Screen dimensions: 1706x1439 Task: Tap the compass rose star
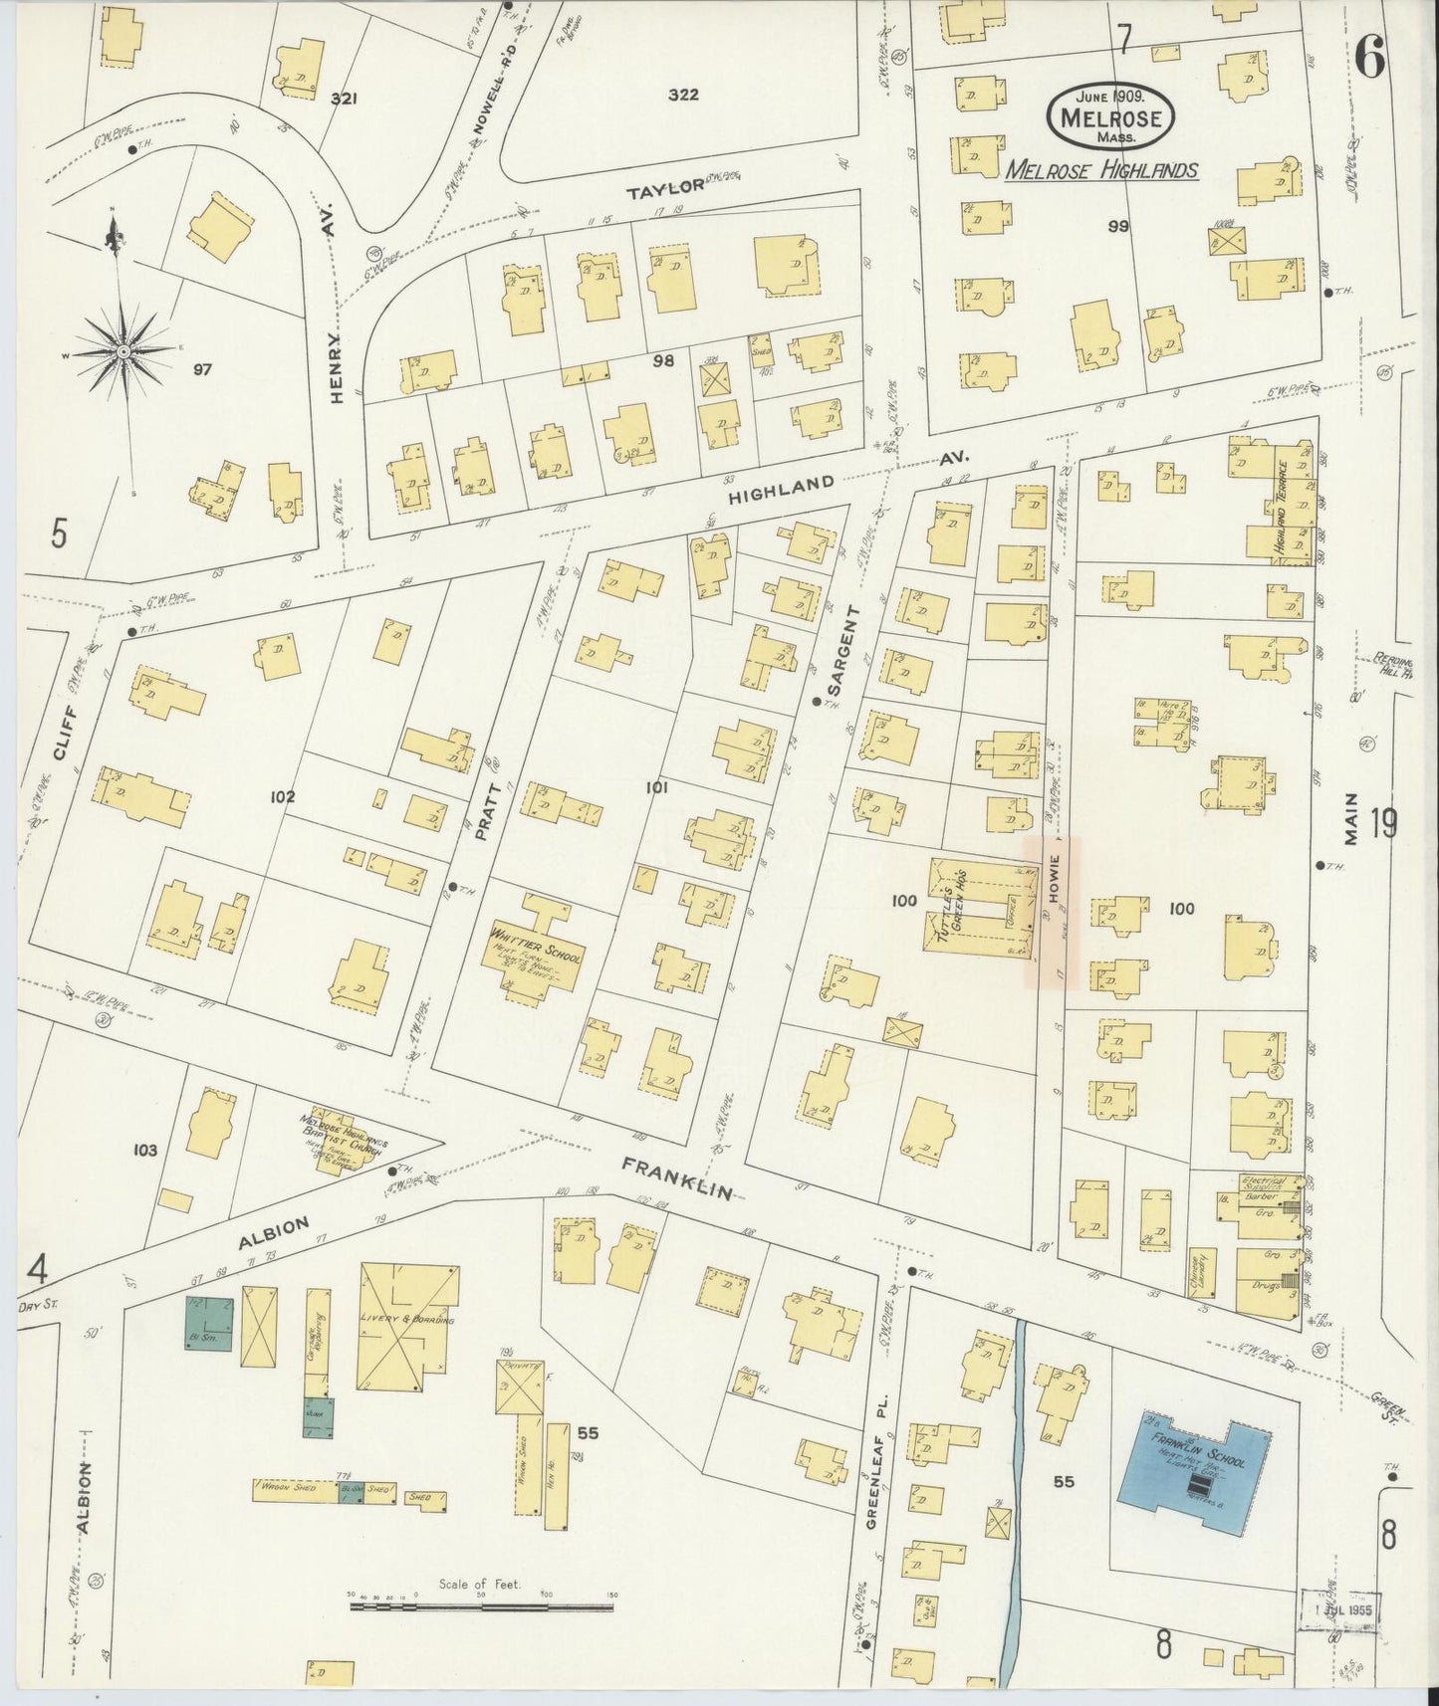[122, 352]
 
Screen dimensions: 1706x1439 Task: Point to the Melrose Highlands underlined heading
[1100, 170]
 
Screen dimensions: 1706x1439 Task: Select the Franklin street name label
[678, 1177]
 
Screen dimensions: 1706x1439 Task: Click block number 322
[683, 96]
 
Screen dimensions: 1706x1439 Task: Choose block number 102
[283, 796]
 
